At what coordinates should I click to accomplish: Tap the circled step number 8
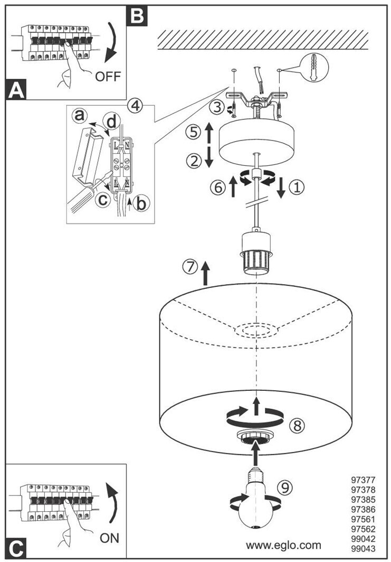click(298, 426)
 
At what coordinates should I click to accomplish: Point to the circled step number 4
click(136, 105)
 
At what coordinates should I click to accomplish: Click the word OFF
click(108, 77)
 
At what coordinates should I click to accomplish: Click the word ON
click(109, 538)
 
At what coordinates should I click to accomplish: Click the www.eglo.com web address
click(283, 545)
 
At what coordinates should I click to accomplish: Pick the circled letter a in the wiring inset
click(80, 115)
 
